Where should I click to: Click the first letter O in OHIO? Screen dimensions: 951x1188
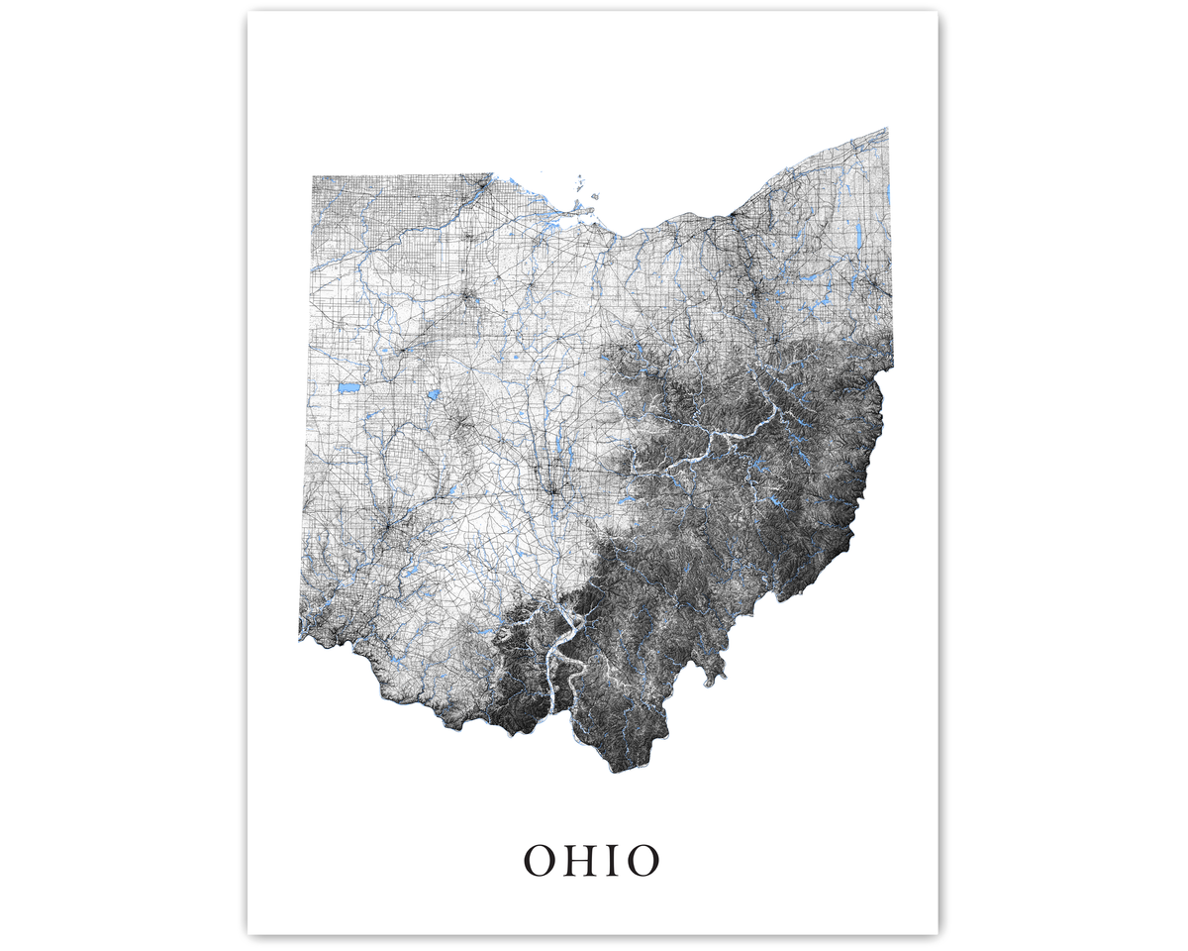click(542, 861)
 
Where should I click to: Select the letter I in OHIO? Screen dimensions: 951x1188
click(617, 861)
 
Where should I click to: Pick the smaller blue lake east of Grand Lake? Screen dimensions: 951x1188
click(433, 394)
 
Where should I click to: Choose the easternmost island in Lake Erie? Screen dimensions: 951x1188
click(596, 196)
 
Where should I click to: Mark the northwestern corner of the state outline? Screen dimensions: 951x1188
click(313, 176)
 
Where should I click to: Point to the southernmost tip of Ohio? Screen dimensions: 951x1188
click(614, 772)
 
